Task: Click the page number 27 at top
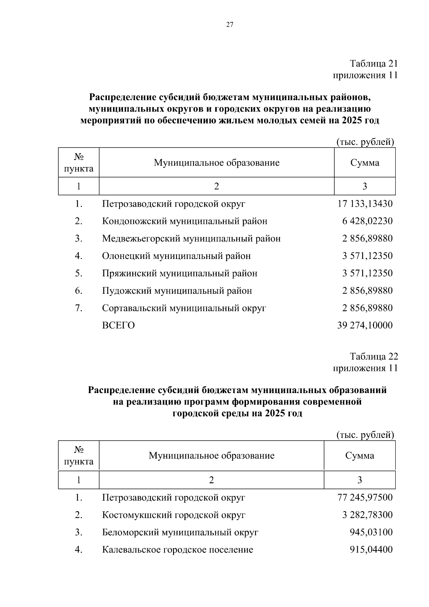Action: click(x=230, y=25)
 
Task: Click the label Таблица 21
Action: click(x=374, y=64)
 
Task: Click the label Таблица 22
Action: click(x=374, y=357)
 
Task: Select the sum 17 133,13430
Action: click(x=365, y=204)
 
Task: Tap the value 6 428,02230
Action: click(x=367, y=221)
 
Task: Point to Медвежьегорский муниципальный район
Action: click(x=191, y=238)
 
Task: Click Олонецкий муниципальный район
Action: click(x=176, y=256)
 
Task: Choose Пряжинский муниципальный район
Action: click(x=179, y=273)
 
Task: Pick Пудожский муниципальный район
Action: click(x=177, y=291)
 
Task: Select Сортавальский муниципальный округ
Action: click(x=184, y=308)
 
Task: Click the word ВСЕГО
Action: click(x=118, y=325)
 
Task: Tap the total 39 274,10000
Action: click(x=365, y=325)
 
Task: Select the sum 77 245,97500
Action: click(x=365, y=498)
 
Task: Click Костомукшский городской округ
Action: click(x=174, y=515)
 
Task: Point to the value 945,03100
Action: click(x=371, y=532)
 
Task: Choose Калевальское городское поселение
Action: click(x=178, y=550)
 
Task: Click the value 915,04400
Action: click(x=371, y=550)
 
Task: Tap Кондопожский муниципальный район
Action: click(x=184, y=221)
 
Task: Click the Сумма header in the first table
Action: click(x=365, y=163)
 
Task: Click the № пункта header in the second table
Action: click(x=79, y=455)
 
